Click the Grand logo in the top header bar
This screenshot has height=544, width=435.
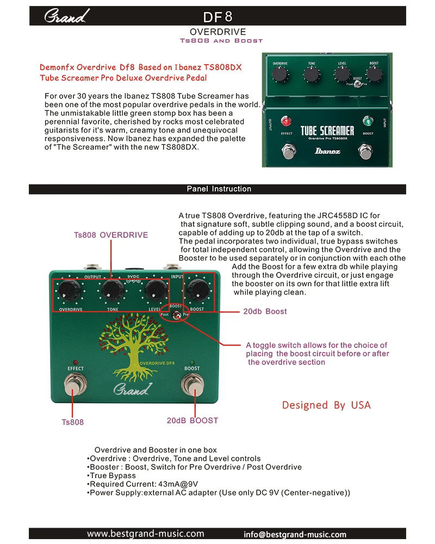(x=66, y=16)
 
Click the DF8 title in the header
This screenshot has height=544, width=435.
(x=217, y=17)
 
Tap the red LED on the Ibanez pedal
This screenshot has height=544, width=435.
(x=286, y=121)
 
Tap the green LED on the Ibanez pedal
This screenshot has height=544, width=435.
(x=368, y=121)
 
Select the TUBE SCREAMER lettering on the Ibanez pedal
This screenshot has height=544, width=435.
(x=327, y=131)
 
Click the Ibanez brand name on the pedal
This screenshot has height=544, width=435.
(x=327, y=151)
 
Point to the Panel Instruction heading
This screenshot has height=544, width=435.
(x=219, y=189)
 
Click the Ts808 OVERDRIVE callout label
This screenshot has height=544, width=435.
(x=111, y=235)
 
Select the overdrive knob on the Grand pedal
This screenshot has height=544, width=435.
(x=70, y=290)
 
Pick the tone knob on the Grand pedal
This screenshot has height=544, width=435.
(x=113, y=289)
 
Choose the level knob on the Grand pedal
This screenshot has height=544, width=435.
(x=156, y=289)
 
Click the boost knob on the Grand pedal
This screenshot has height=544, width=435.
(x=198, y=289)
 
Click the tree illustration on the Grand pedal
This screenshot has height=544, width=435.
(x=133, y=347)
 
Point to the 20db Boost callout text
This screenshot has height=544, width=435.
(x=265, y=311)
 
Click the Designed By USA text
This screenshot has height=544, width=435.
(x=326, y=405)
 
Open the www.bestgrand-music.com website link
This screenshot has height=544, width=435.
(x=145, y=533)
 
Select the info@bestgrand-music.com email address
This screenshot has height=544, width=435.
(x=295, y=534)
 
